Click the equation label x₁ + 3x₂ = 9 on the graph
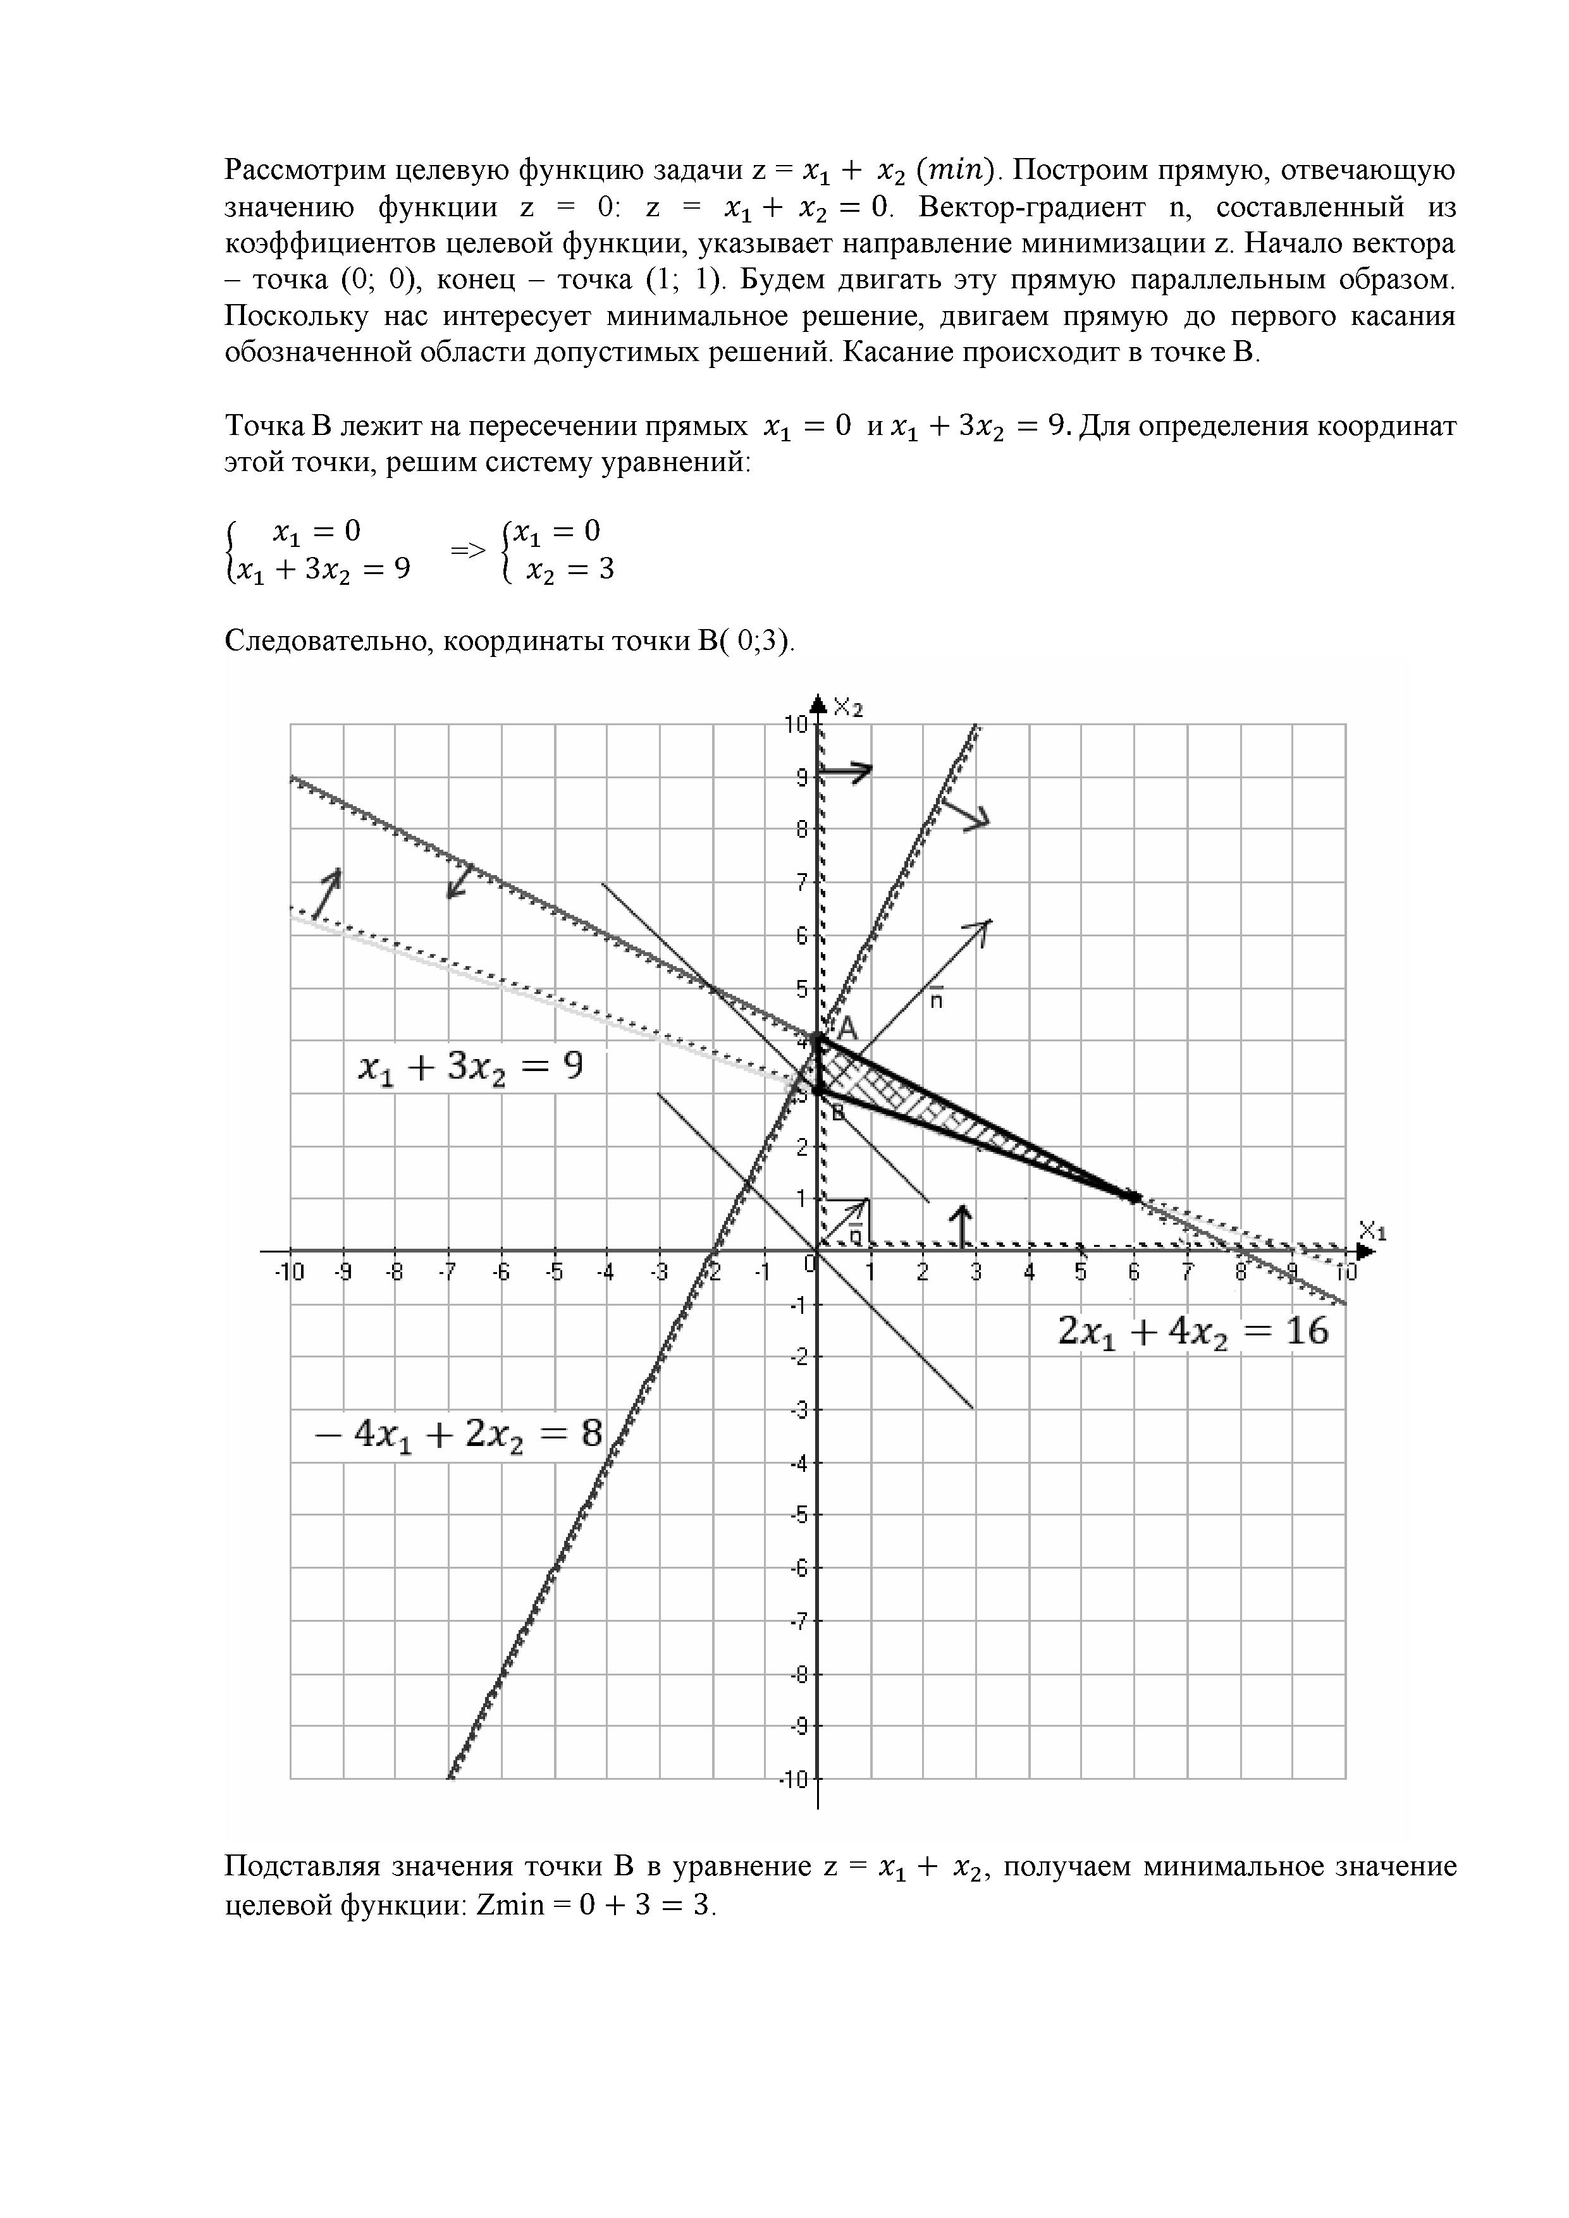pos(471,1069)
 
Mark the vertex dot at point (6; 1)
pos(1135,1197)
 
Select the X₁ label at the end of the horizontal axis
pos(1372,1232)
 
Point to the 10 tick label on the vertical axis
pos(796,725)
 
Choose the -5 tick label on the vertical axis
pos(799,1515)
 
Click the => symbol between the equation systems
pos(467,551)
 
